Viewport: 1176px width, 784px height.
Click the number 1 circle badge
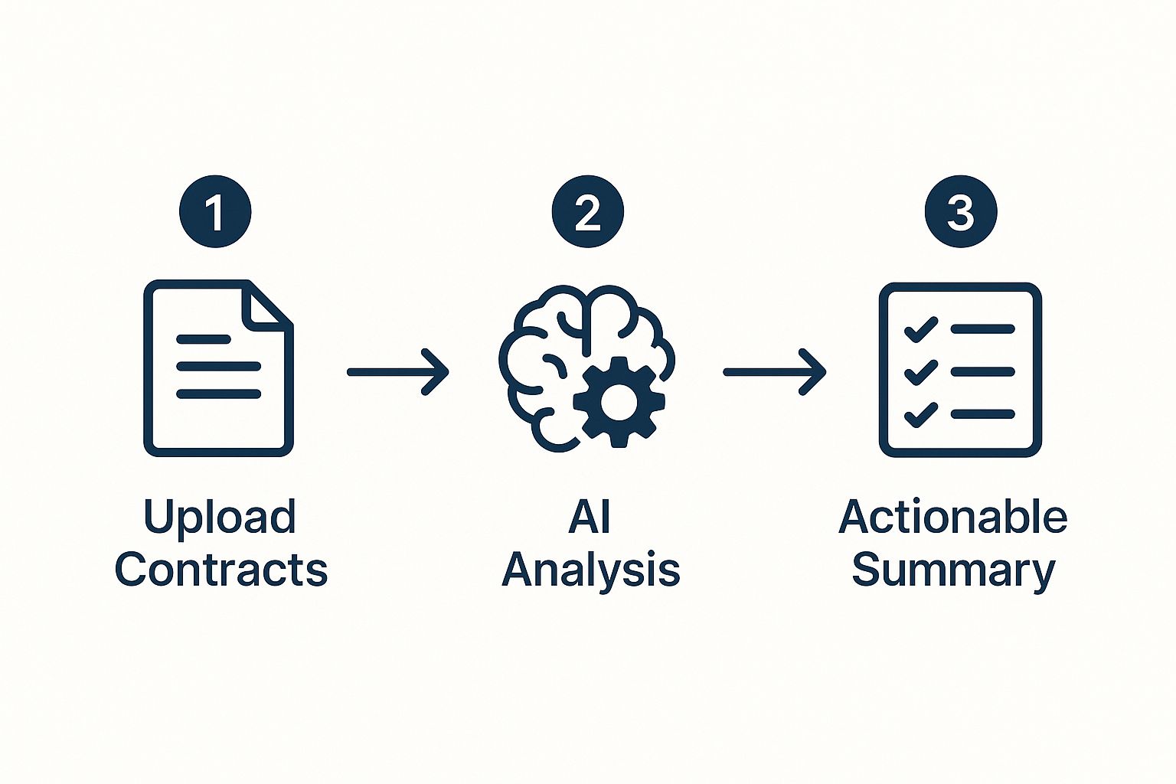(x=215, y=212)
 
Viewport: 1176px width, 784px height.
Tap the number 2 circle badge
(x=587, y=212)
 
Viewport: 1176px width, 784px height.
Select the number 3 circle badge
(x=960, y=212)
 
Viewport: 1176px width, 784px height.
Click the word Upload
(x=220, y=518)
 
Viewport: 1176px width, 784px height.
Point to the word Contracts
(x=221, y=570)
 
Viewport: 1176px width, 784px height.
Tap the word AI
(x=590, y=518)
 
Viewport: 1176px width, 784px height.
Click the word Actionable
(x=952, y=518)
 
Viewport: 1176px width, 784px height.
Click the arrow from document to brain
(x=397, y=372)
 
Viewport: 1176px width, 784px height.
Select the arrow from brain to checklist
(x=774, y=372)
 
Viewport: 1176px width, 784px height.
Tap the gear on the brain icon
(x=619, y=402)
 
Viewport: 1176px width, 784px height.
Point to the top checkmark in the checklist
(x=921, y=330)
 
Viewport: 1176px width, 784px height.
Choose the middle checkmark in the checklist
(x=921, y=372)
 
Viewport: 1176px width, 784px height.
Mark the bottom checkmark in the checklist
(x=921, y=414)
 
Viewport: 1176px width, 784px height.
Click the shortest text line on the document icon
(x=203, y=338)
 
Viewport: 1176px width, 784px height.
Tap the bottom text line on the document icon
(x=218, y=394)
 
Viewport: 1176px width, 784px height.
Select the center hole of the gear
(x=619, y=402)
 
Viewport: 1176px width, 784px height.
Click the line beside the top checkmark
(x=983, y=329)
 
